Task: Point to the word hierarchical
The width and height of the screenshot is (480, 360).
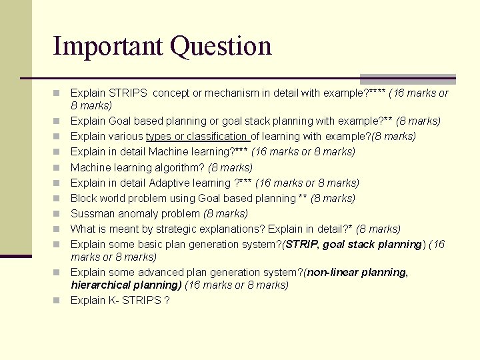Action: coord(99,285)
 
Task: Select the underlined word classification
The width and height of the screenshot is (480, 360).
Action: coord(217,136)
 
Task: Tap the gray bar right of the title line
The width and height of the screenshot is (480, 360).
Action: coord(407,79)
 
